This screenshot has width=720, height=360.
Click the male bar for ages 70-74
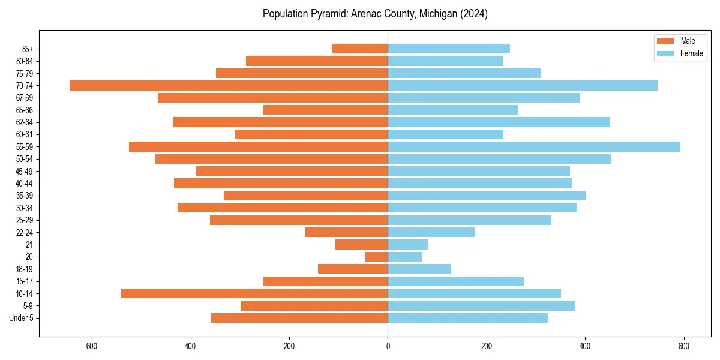[229, 86]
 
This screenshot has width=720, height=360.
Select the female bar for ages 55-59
[534, 147]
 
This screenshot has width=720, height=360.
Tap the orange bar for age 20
[376, 257]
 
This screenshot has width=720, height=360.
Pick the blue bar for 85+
[449, 49]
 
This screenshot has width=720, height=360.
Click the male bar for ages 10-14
[254, 293]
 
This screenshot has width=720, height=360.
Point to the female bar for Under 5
[467, 318]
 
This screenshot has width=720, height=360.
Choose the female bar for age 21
[407, 245]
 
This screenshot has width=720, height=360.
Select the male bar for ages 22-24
[346, 232]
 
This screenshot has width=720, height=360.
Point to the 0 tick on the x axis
[388, 346]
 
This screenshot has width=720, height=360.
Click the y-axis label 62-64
[25, 122]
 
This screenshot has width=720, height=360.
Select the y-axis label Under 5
[21, 318]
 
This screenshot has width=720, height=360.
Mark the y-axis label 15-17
[25, 281]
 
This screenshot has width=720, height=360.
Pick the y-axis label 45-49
[25, 172]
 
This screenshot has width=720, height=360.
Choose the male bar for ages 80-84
[317, 61]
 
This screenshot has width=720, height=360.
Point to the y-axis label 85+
[28, 49]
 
